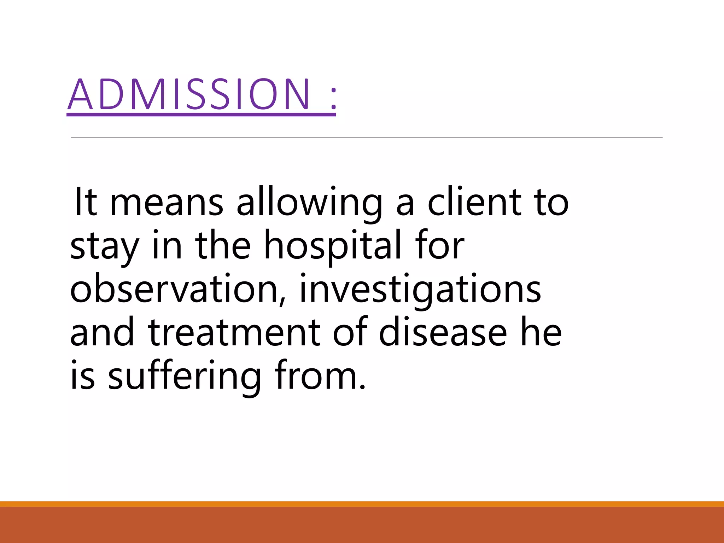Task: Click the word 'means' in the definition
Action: (167, 202)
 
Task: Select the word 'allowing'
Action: (310, 202)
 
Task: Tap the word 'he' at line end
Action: (541, 332)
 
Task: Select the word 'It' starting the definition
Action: (85, 202)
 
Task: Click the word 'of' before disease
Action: (350, 332)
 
